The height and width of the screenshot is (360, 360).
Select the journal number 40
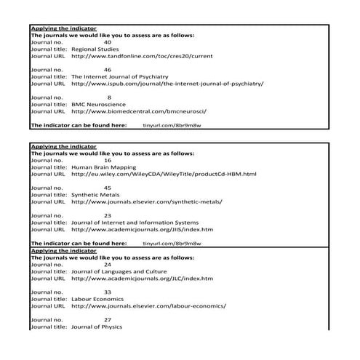tap(108, 41)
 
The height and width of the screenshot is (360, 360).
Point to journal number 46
tap(108, 68)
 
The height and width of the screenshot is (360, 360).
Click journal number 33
tap(108, 292)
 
